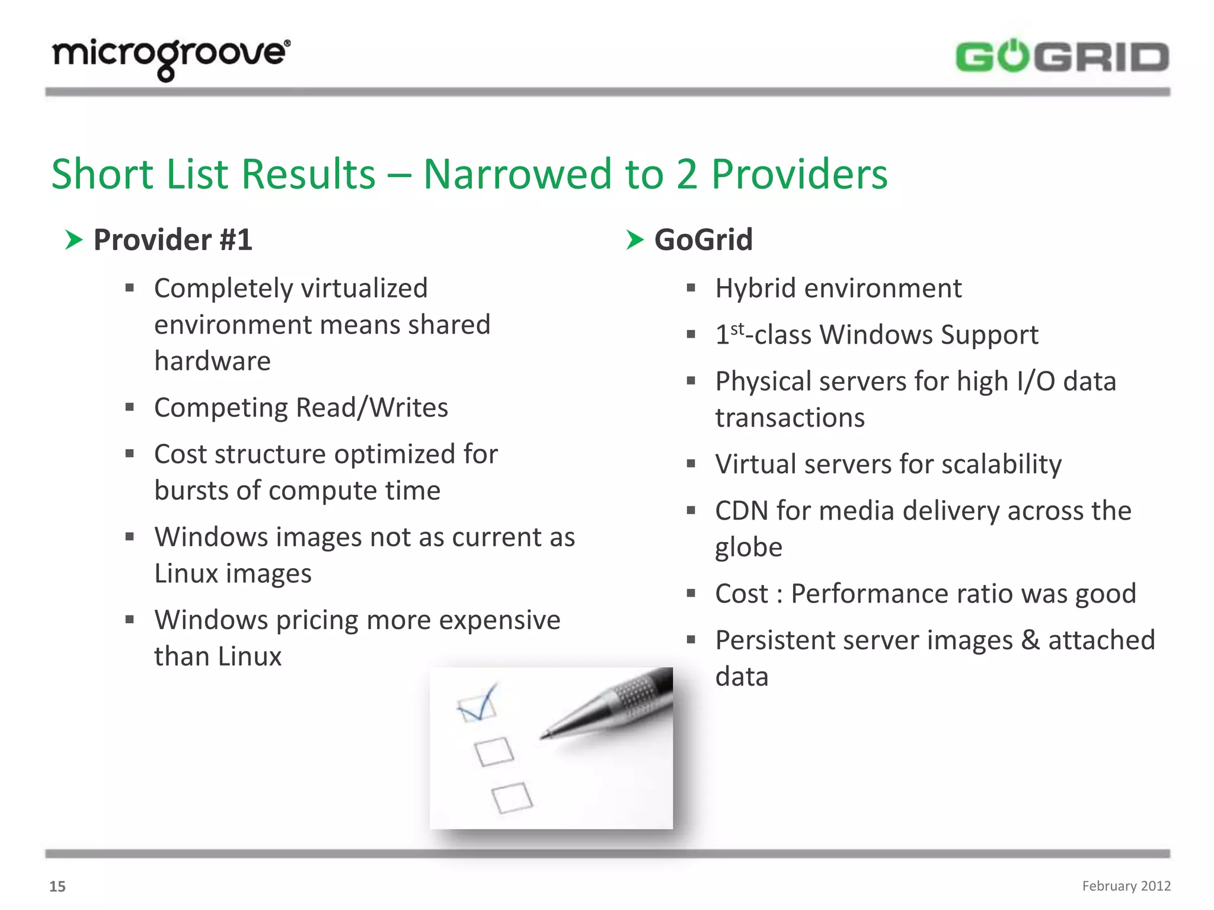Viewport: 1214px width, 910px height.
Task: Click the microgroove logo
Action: (x=171, y=57)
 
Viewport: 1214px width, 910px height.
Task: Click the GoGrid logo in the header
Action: (x=1062, y=57)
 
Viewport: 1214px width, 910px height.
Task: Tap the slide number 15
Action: (x=57, y=886)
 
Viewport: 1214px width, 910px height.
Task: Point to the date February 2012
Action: (x=1126, y=886)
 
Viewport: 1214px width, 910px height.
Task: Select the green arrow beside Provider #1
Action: (x=74, y=240)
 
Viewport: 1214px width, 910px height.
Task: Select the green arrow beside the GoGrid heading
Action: (x=634, y=240)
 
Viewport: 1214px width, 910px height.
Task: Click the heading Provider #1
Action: (x=172, y=240)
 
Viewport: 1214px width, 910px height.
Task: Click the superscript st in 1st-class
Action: (x=737, y=329)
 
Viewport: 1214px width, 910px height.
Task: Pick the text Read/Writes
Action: (x=372, y=408)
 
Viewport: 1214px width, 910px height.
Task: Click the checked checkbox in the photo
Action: (x=477, y=705)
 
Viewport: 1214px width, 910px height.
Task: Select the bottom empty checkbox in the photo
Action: (x=512, y=797)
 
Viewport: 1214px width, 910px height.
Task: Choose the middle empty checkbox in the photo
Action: (x=494, y=751)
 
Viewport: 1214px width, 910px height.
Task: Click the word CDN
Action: (x=741, y=511)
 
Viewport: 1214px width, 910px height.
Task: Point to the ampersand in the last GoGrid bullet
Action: (x=1030, y=640)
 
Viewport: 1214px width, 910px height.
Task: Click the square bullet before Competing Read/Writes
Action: (x=130, y=407)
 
